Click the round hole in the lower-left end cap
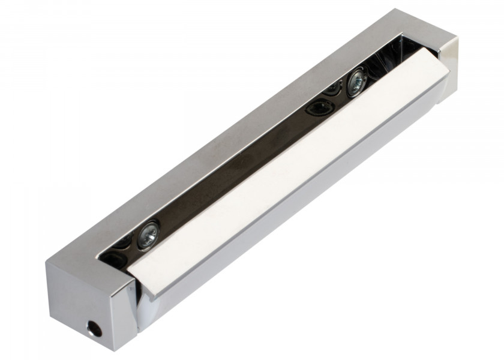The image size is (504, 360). point(94,327)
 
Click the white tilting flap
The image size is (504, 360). point(288,174)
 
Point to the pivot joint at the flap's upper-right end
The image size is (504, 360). point(441,84)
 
